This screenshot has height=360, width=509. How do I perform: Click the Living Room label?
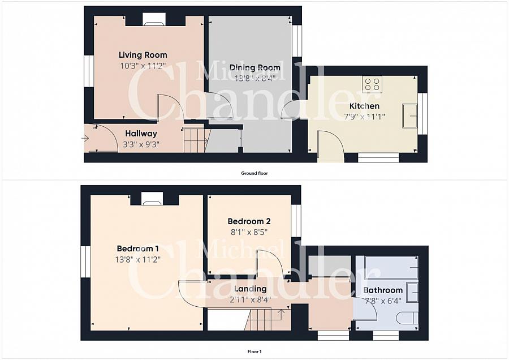point(143,55)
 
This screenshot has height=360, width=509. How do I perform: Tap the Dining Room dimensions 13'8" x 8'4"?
point(255,78)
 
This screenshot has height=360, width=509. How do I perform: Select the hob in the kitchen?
point(372,84)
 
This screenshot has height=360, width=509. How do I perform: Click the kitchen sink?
point(410,115)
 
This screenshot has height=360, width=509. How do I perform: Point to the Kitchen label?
point(364,106)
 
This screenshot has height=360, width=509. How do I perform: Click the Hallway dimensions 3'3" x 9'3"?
point(141,144)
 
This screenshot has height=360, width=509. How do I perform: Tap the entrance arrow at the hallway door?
point(85,139)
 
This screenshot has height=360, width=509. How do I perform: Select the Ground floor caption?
point(255,173)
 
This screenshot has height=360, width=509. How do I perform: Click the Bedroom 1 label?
point(137,248)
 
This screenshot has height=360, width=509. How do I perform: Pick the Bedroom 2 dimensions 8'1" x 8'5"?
point(249,232)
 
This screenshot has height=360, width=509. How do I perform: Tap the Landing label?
point(251,289)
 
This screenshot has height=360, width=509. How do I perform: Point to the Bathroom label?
point(383,290)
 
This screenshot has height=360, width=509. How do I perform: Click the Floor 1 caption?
point(255,352)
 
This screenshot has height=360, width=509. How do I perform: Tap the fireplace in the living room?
point(154,19)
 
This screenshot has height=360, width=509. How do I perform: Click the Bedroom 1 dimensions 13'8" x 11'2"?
point(137,259)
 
